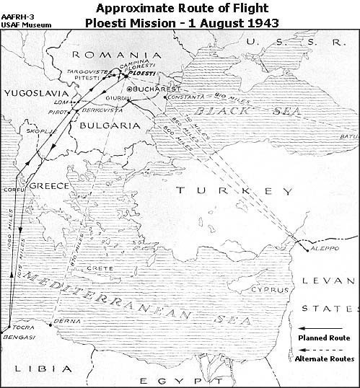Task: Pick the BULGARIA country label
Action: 100,123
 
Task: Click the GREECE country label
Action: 48,186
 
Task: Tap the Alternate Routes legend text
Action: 322,358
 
